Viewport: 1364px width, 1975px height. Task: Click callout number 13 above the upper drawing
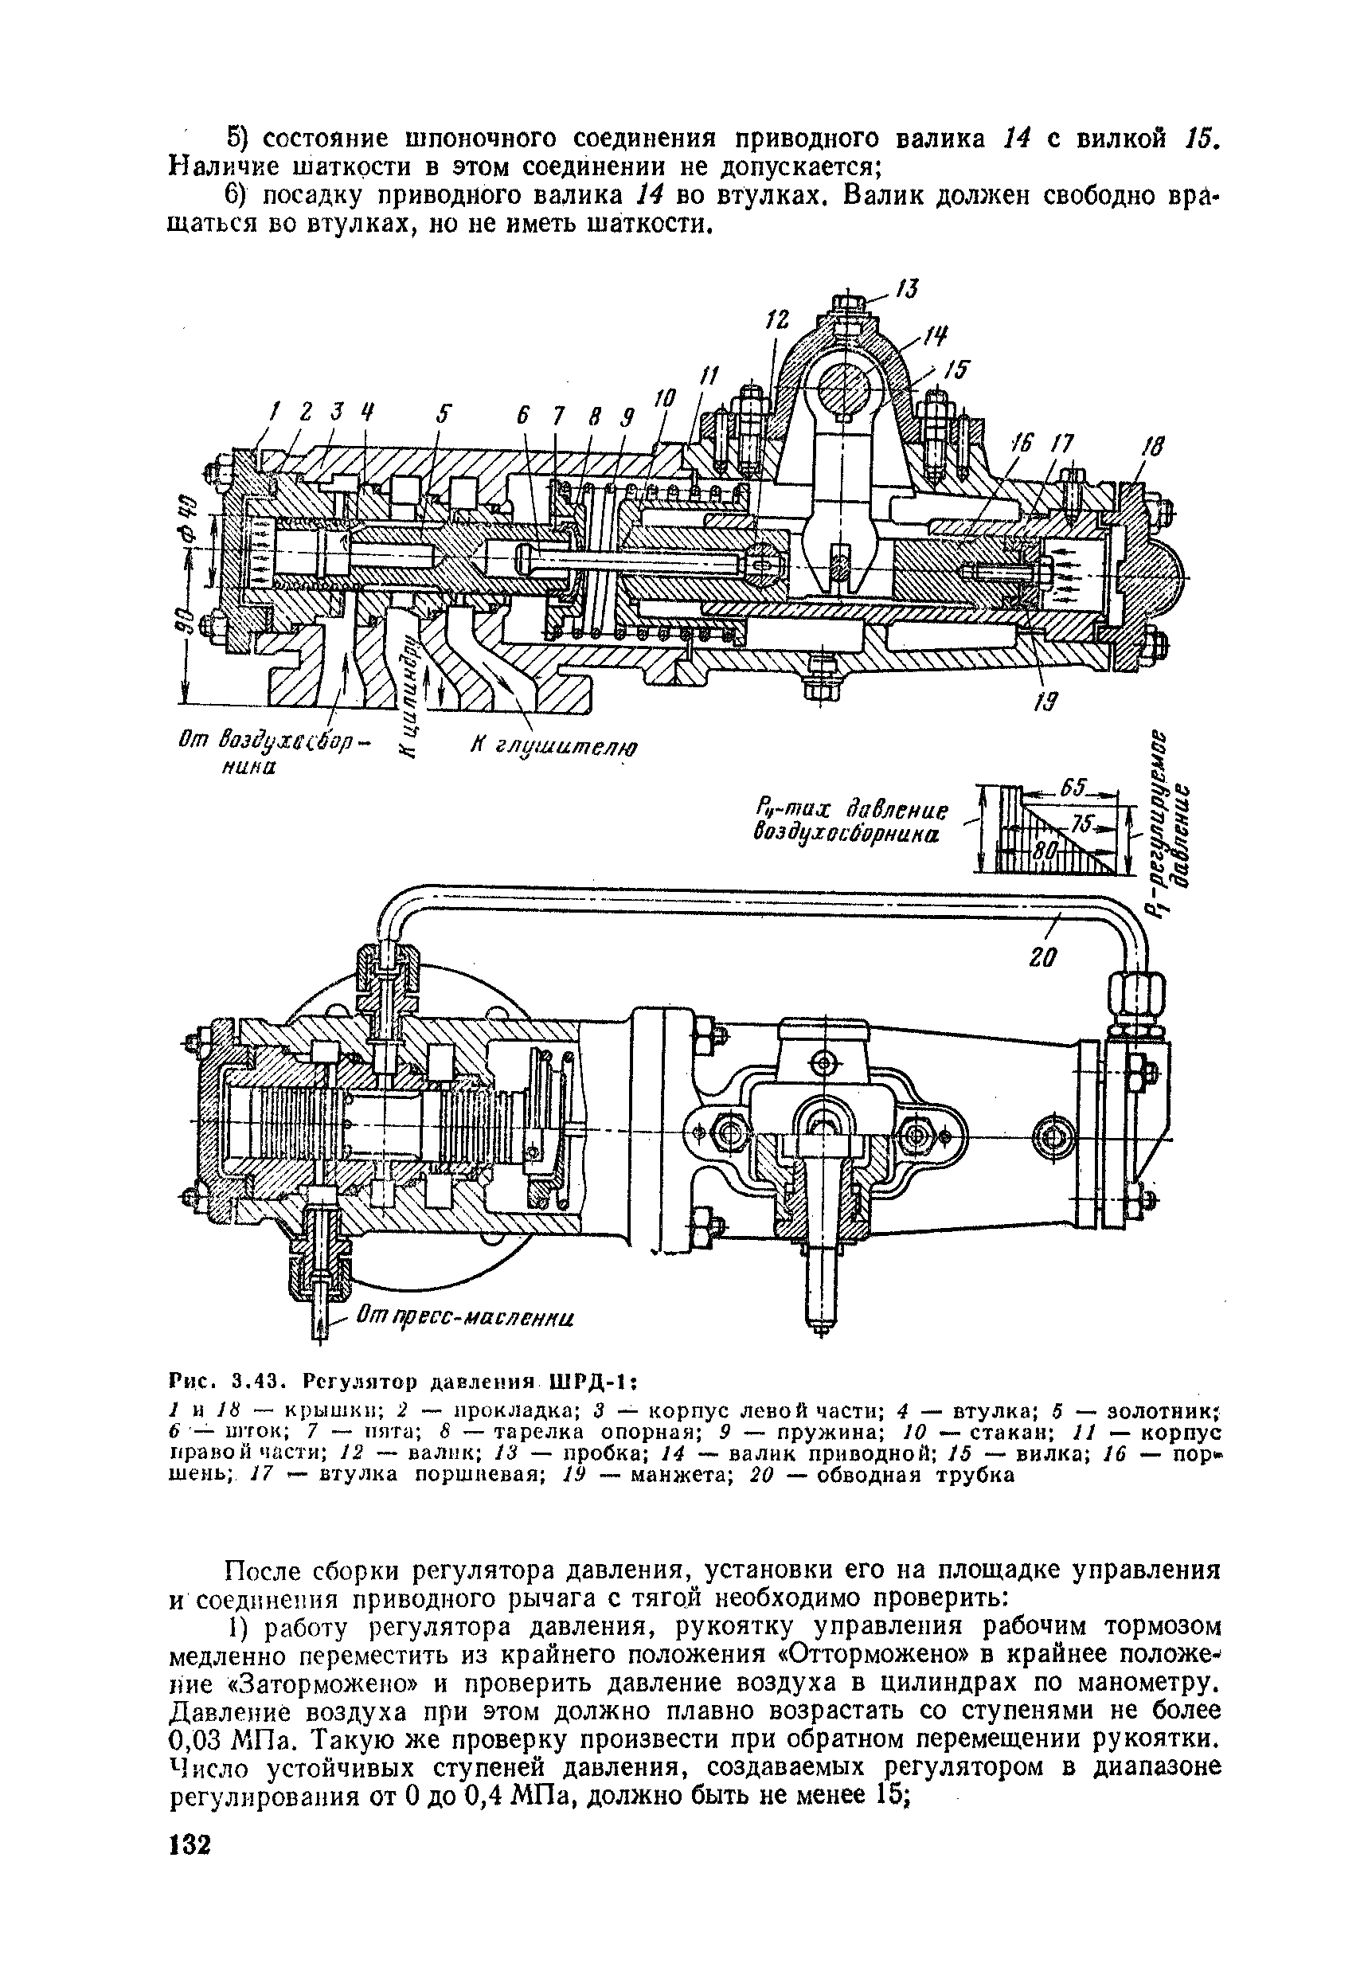click(908, 290)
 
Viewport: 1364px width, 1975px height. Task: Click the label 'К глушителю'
click(555, 747)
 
